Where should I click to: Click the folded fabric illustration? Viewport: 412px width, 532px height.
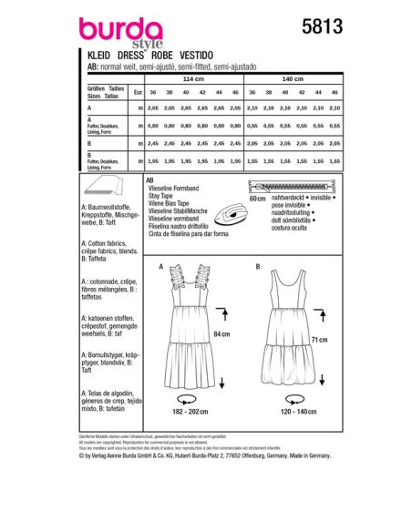point(118,191)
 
